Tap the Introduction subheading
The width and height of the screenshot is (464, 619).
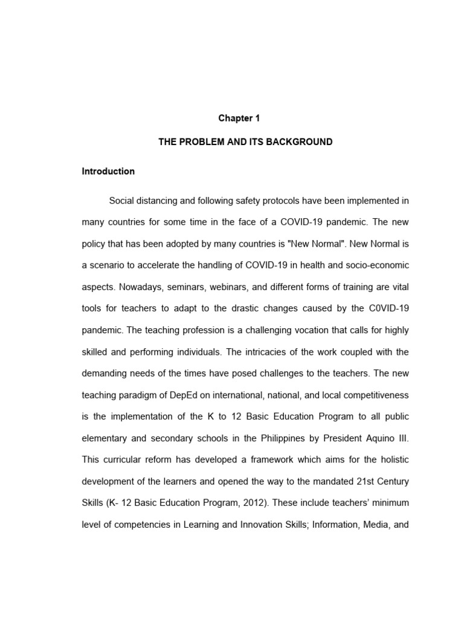[x=108, y=171]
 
